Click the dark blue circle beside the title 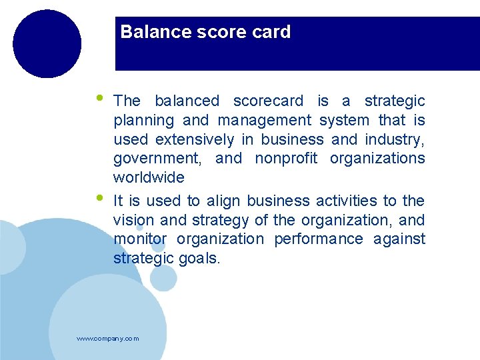click(47, 44)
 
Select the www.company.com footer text click(108, 339)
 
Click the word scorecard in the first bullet click(267, 101)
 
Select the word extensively click(195, 140)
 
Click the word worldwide click(149, 178)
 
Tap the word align click(224, 201)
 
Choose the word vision click(133, 221)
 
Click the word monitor click(140, 239)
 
